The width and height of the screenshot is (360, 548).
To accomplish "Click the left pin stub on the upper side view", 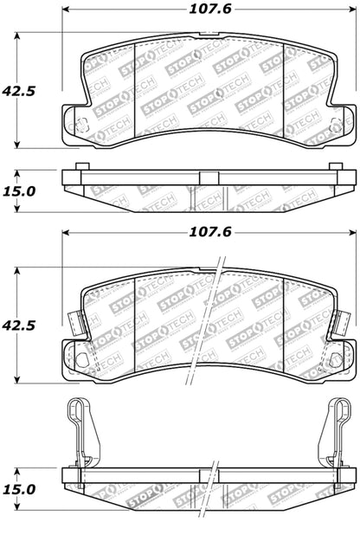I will (x=80, y=167).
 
